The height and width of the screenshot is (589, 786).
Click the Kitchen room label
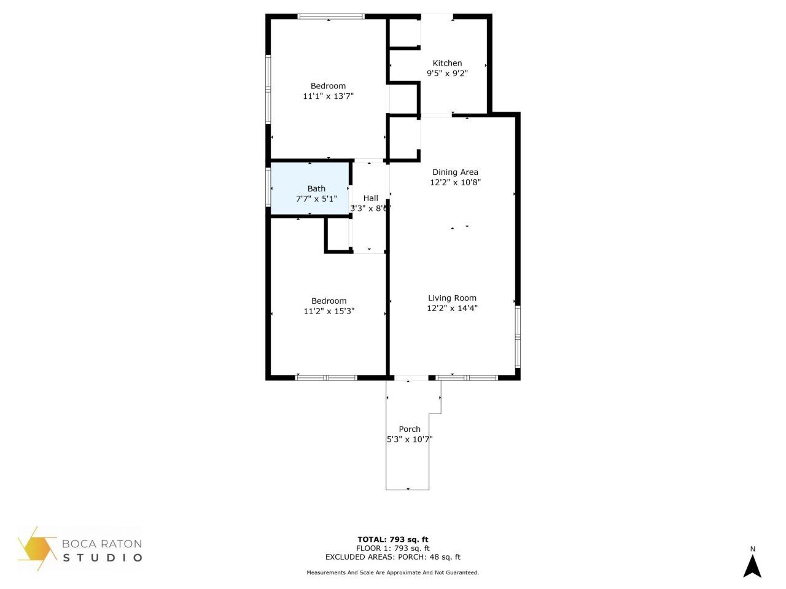click(447, 63)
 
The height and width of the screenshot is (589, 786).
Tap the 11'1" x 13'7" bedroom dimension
click(328, 96)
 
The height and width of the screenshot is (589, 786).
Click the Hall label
click(370, 198)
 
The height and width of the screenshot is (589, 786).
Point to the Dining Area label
click(455, 172)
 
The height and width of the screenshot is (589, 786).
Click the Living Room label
click(452, 298)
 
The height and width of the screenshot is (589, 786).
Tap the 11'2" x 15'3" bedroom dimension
click(329, 311)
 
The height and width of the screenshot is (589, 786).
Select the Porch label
click(410, 429)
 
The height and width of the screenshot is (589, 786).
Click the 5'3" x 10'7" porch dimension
click(410, 439)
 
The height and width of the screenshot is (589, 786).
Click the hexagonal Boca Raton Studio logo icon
click(38, 548)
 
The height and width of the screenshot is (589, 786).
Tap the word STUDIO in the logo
click(103, 558)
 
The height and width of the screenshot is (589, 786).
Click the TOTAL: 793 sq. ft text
click(393, 540)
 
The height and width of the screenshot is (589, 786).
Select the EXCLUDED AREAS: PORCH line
click(393, 557)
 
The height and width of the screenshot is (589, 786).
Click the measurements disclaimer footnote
click(393, 572)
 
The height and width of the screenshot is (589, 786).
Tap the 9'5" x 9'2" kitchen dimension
click(447, 73)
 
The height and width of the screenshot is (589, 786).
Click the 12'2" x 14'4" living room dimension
click(452, 308)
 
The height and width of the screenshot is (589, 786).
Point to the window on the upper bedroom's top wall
click(331, 17)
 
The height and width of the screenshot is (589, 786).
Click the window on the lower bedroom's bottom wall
click(326, 377)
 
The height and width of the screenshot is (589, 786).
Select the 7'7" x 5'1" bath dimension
click(316, 199)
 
